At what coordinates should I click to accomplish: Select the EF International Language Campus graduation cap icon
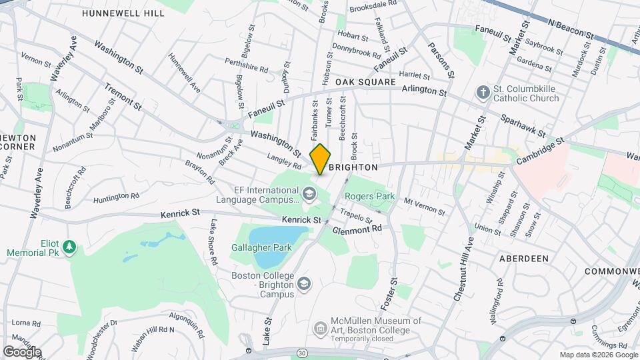click(308, 194)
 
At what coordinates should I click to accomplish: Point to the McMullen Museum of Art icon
click(320, 327)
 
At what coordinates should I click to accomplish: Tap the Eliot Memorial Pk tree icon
click(69, 248)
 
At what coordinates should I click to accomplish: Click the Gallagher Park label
click(261, 247)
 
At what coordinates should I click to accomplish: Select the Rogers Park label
click(369, 197)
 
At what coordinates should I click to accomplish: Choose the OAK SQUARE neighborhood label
click(365, 82)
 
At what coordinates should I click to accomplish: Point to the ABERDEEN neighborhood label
click(523, 258)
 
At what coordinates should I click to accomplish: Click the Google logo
click(21, 351)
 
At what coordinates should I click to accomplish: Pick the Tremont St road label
click(123, 97)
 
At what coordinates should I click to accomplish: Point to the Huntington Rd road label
click(116, 197)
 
